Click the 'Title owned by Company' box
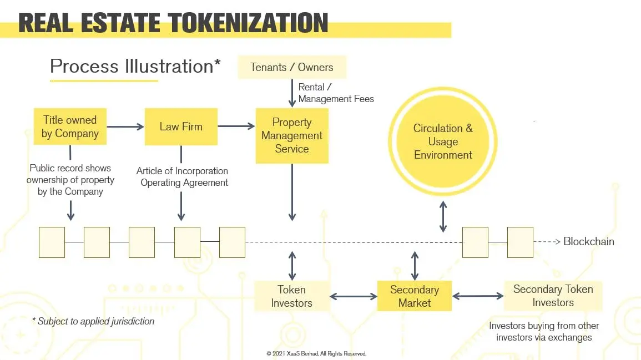click(x=70, y=126)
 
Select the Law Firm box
click(x=181, y=126)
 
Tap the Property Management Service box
click(x=292, y=135)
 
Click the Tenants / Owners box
click(x=292, y=67)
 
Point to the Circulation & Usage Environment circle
click(x=443, y=141)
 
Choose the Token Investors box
click(x=292, y=296)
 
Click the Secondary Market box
click(x=415, y=296)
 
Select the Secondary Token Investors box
click(x=553, y=296)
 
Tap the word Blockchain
click(x=589, y=241)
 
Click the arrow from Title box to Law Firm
click(x=125, y=126)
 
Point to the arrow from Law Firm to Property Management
click(x=236, y=126)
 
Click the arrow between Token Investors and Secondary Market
click(x=354, y=296)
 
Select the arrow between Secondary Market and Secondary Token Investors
click(x=478, y=296)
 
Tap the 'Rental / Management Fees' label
click(x=336, y=93)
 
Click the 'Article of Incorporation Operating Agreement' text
click(x=183, y=176)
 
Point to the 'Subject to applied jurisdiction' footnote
click(x=93, y=321)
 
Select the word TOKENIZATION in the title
click(x=248, y=23)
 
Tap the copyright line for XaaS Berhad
click(x=316, y=353)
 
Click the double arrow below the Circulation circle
click(x=443, y=216)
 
